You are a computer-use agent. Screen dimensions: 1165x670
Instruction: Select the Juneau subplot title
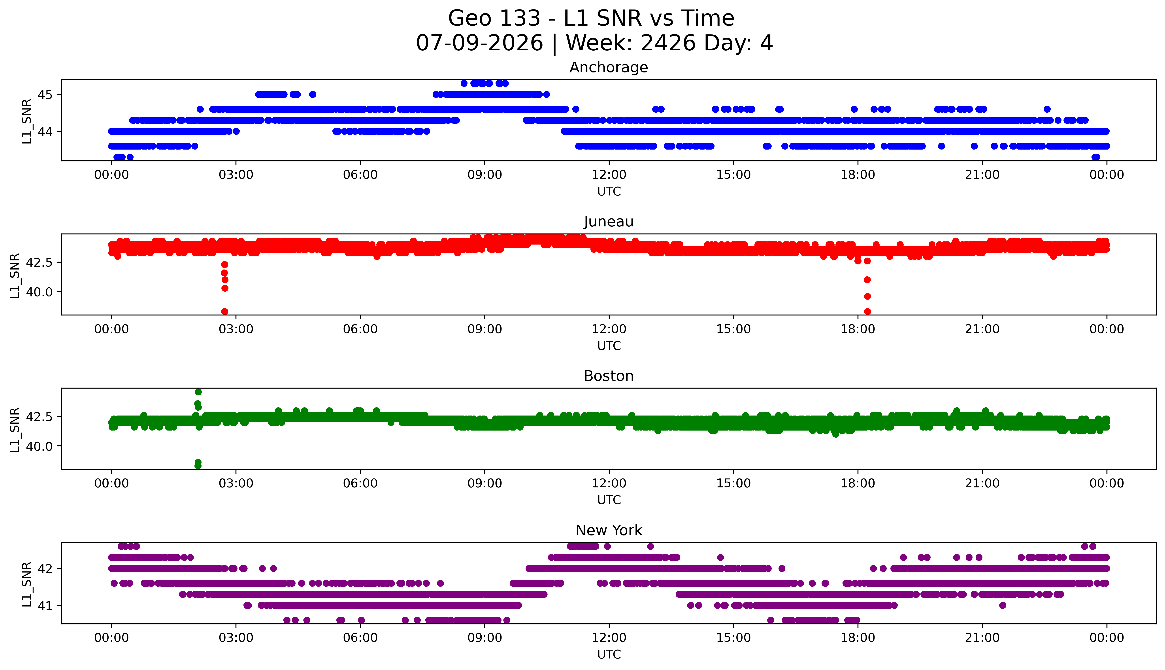tap(609, 222)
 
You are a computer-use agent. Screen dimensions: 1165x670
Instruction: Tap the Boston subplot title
tap(609, 376)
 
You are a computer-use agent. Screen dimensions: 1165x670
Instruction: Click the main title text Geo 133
tap(494, 18)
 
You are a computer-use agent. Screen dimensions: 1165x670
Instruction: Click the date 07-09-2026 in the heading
tap(479, 43)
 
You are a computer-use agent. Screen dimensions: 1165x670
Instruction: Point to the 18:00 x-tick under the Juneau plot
tap(858, 329)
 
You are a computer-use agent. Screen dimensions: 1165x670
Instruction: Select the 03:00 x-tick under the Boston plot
tap(236, 483)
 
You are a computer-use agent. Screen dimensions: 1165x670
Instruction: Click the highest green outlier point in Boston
tap(198, 392)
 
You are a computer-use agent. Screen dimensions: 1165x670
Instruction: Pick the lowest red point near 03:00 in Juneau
tap(225, 311)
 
